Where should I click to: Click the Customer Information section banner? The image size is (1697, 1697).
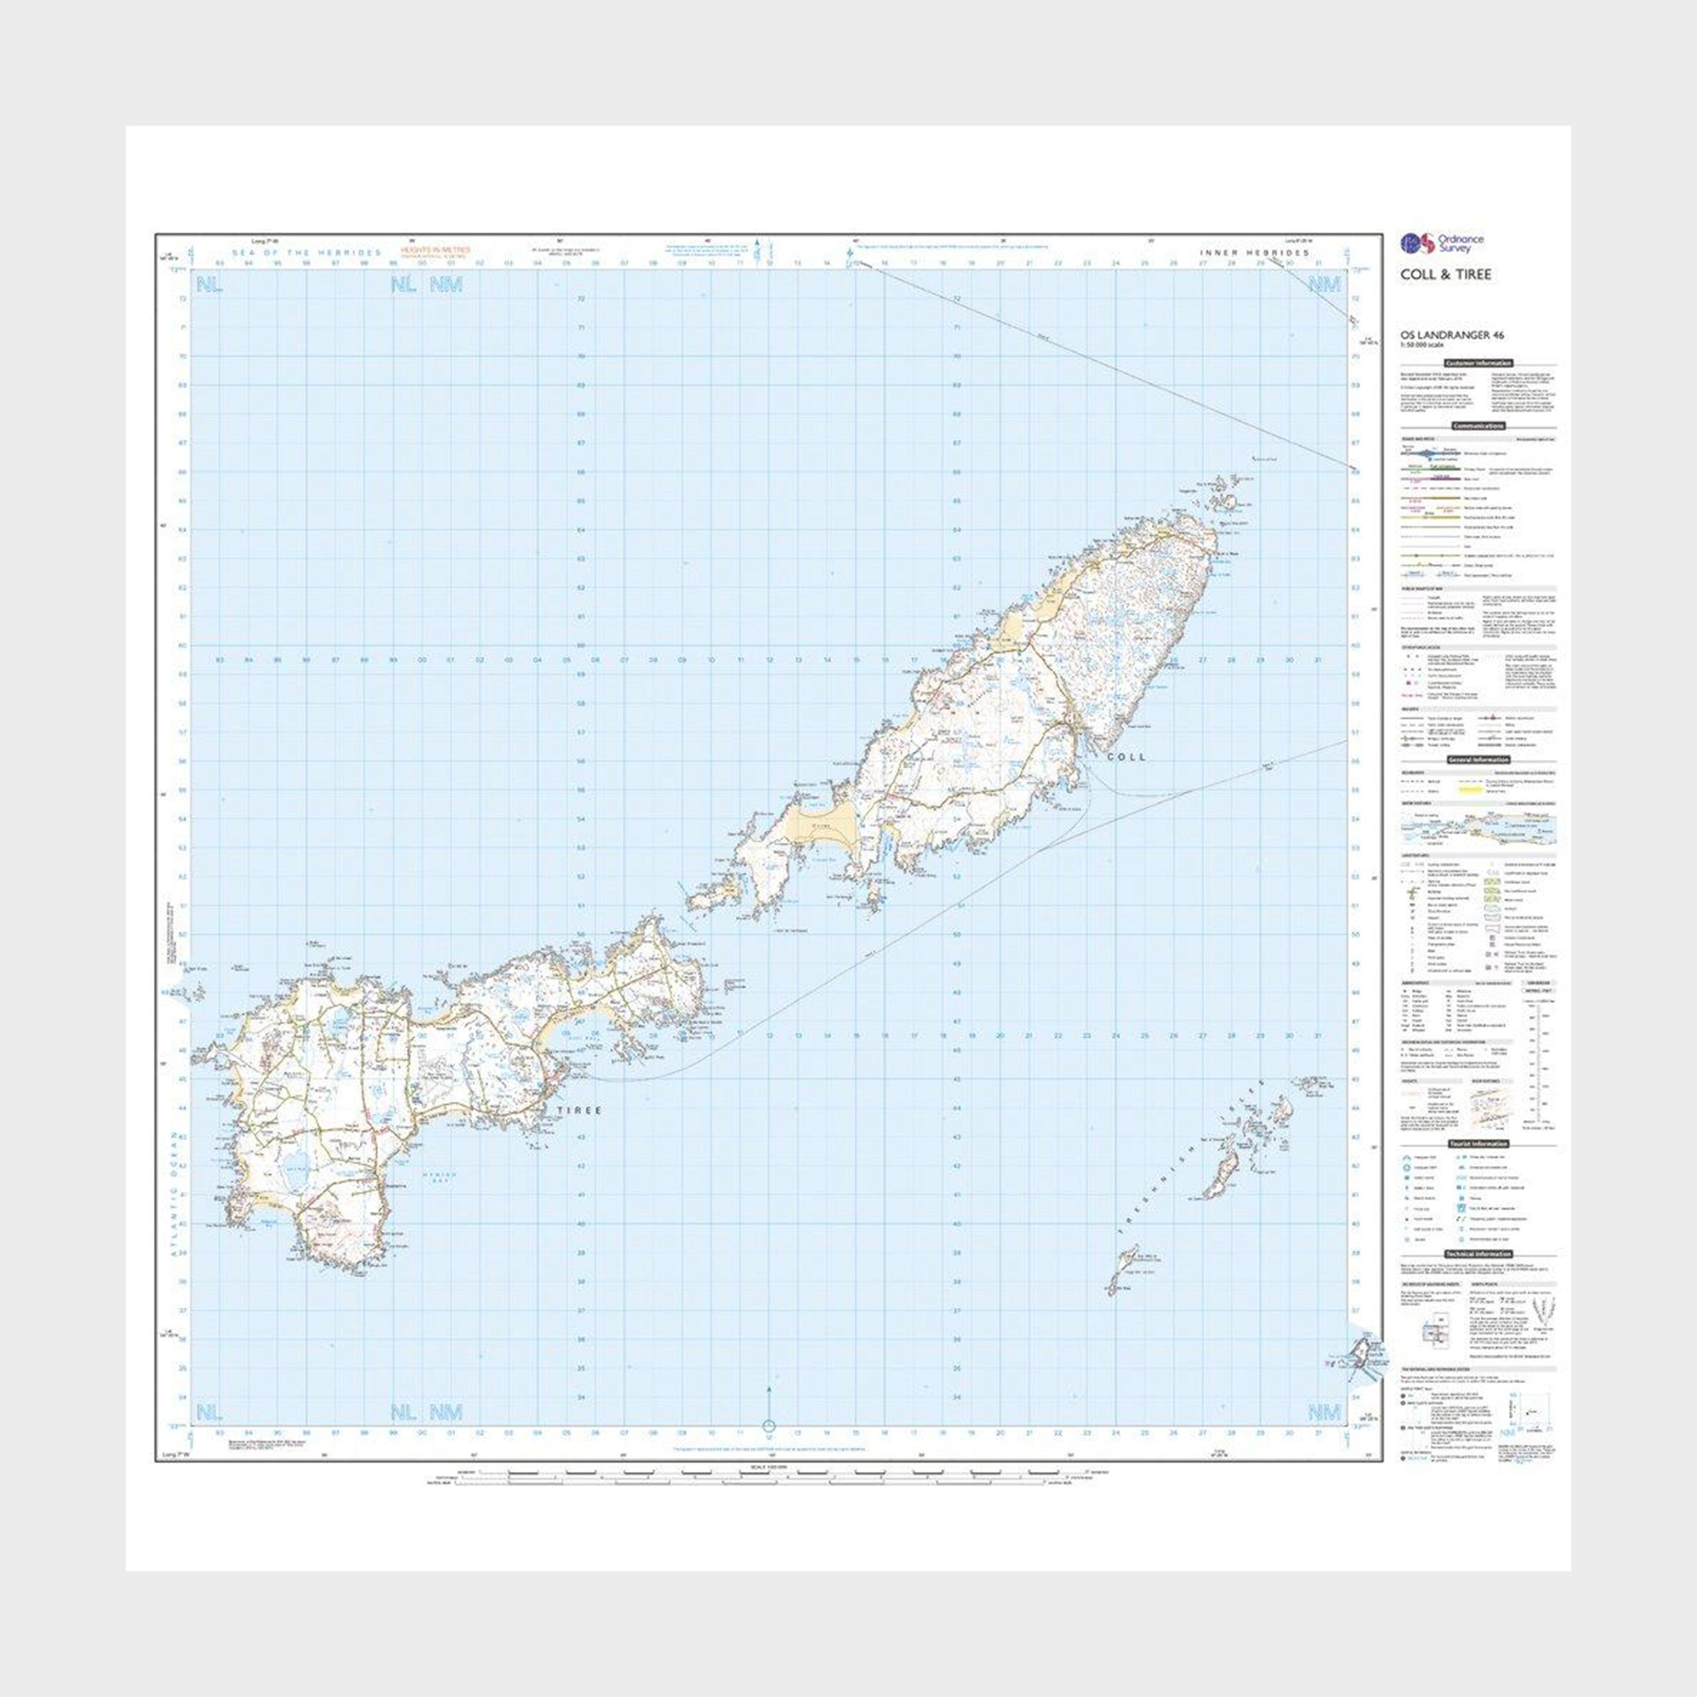(1479, 363)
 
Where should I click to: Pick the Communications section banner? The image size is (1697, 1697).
(1479, 426)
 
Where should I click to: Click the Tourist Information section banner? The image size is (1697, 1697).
(1479, 1144)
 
